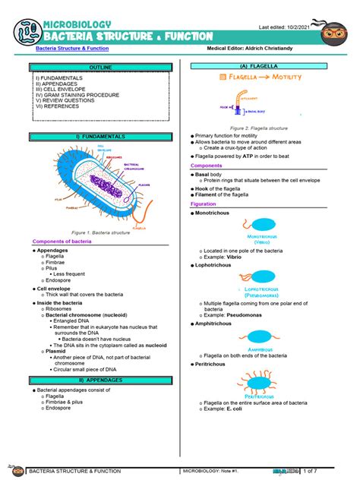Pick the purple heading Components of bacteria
point(62,242)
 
